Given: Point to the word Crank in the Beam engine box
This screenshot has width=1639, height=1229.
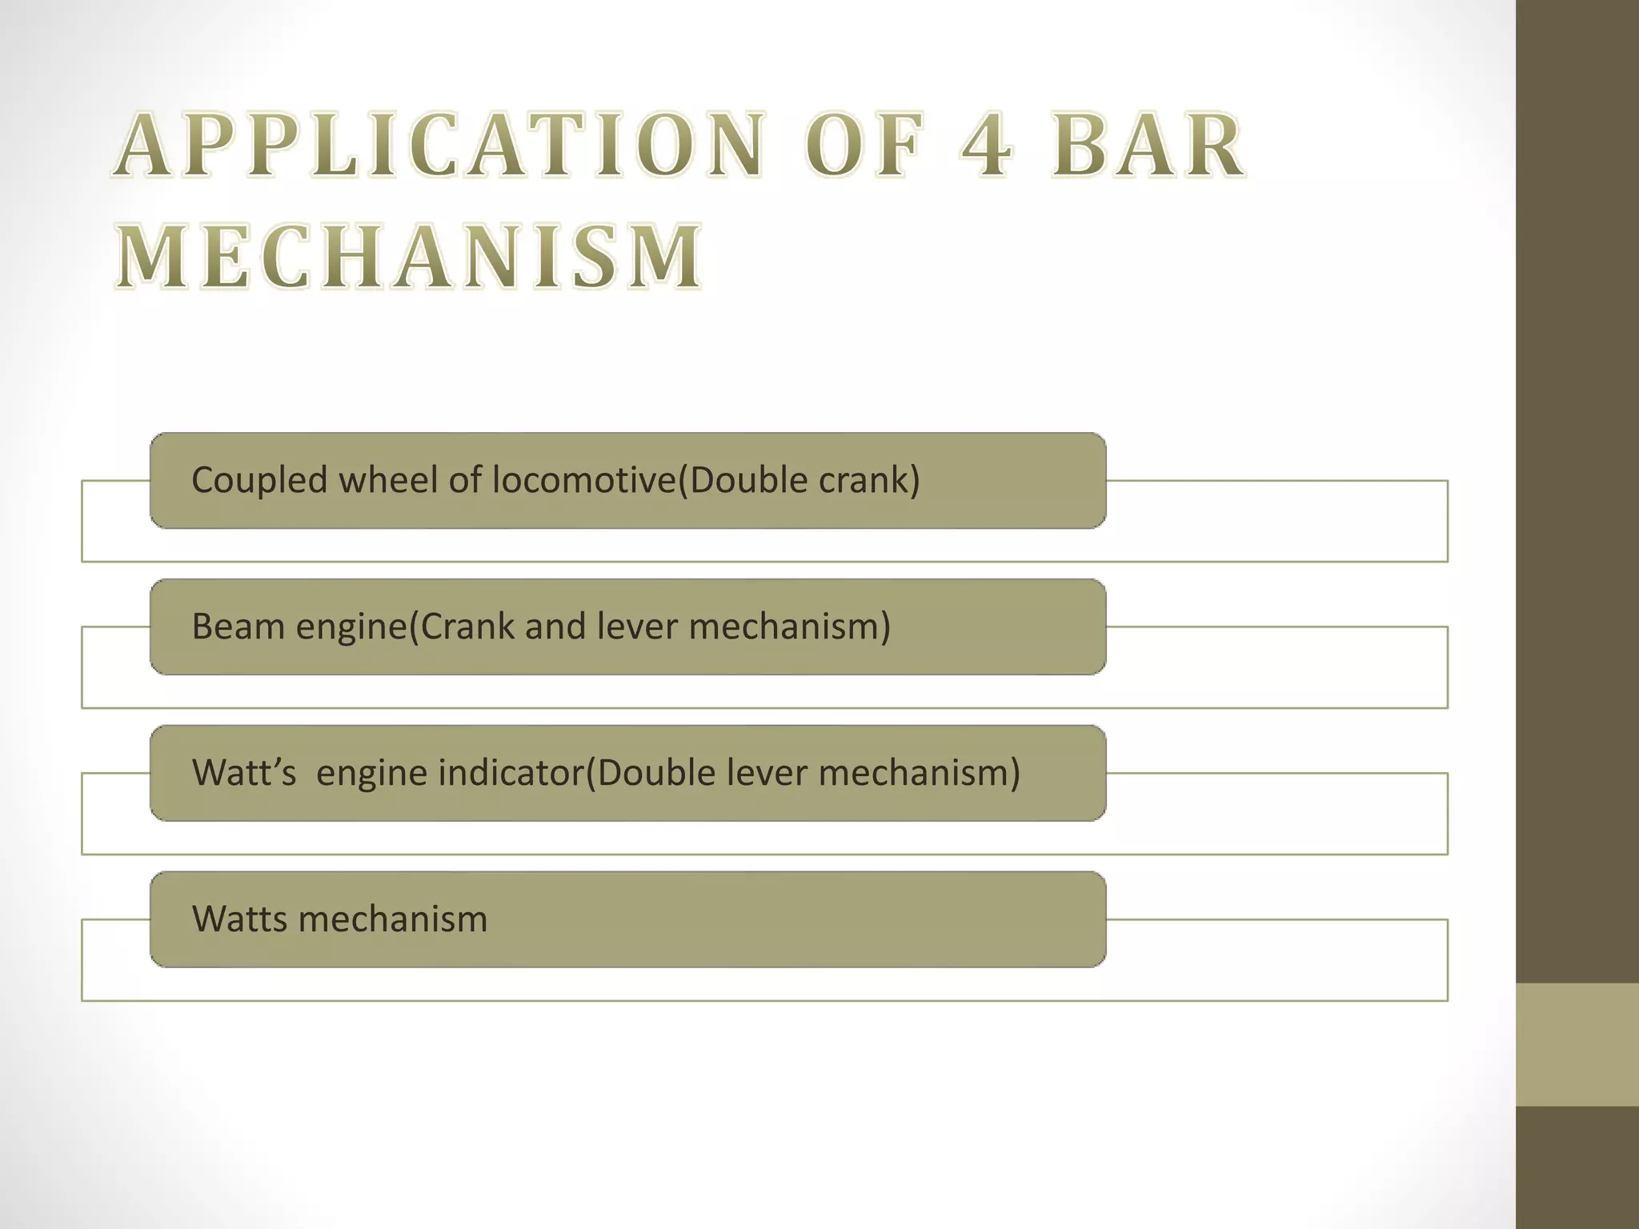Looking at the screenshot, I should point(468,627).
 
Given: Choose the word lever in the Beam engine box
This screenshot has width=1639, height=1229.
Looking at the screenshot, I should point(638,627).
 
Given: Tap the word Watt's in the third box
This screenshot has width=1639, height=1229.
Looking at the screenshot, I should point(244,773).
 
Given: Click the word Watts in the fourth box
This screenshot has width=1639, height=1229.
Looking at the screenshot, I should point(239,919).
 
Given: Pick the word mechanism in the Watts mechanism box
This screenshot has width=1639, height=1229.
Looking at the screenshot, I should point(392,919).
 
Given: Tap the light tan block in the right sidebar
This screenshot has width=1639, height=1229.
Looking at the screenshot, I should point(1577,1045).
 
